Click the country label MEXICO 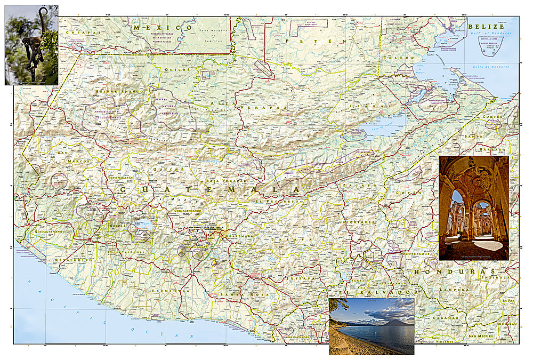[163, 27]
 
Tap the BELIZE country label [486, 26]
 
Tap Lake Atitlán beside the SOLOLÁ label [143, 225]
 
